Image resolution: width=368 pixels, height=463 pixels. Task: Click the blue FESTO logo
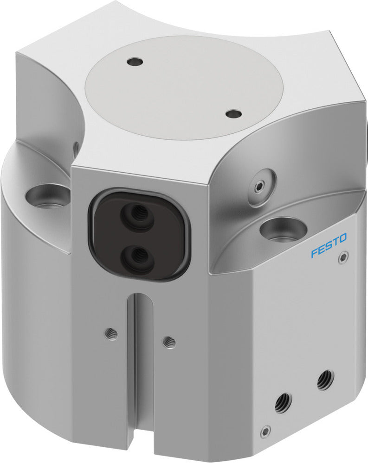point(329,246)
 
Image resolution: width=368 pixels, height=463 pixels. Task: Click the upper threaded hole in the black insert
point(137,214)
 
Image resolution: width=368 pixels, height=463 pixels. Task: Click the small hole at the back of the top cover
point(136,61)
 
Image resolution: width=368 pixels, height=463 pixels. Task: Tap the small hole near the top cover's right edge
point(233,113)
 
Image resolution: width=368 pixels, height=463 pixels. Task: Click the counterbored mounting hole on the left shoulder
point(48,195)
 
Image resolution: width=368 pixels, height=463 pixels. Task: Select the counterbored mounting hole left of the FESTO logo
point(282,229)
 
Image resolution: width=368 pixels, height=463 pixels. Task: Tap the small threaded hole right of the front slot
point(169,342)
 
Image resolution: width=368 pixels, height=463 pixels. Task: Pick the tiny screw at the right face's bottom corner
point(265,431)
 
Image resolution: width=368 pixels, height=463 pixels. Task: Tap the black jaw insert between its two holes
point(138,234)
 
